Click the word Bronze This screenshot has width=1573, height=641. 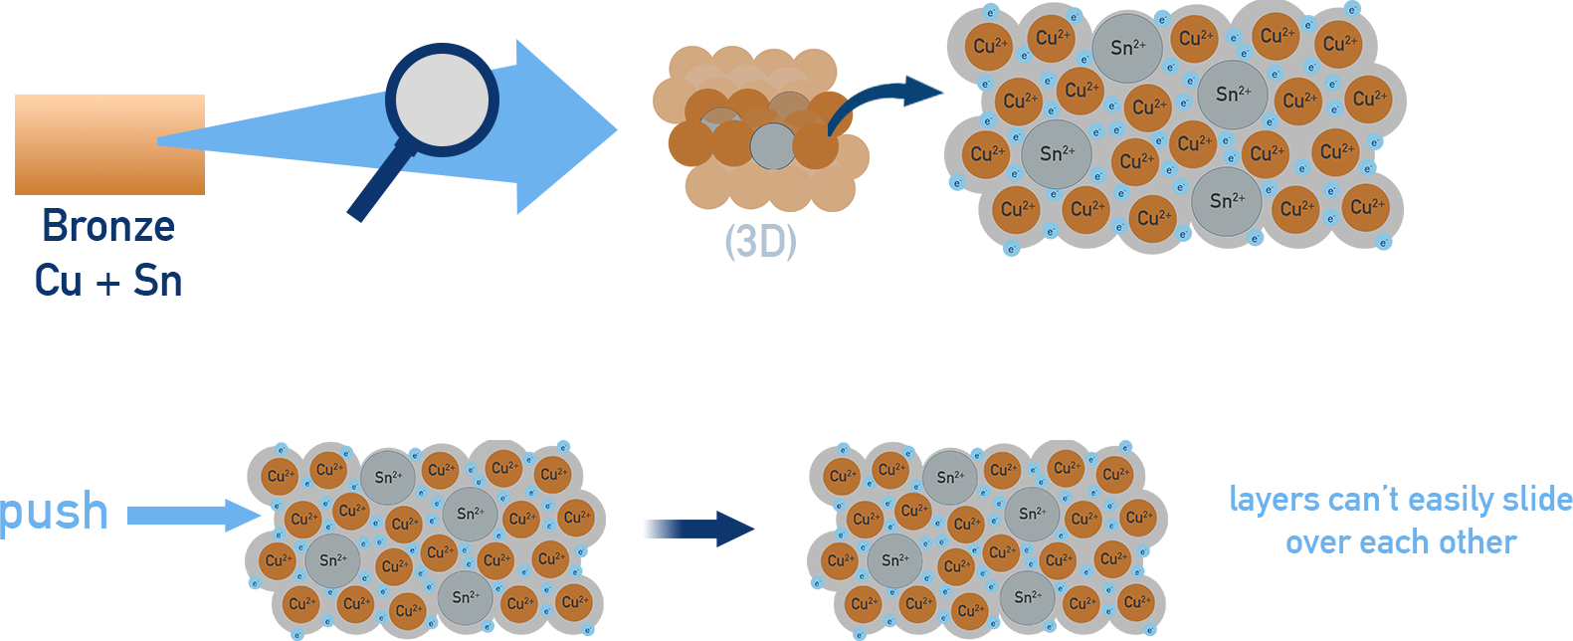pos(107,227)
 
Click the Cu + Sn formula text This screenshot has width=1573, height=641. pos(107,281)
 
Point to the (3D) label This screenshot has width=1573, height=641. pos(760,242)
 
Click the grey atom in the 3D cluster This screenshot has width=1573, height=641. pos(772,146)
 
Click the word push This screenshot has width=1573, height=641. pos(55,513)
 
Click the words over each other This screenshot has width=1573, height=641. pos(1400,543)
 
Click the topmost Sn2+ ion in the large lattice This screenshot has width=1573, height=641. pos(1127,47)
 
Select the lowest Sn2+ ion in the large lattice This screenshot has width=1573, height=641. pos(1226,201)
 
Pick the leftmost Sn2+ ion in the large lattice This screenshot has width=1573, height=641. pos(1056,153)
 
